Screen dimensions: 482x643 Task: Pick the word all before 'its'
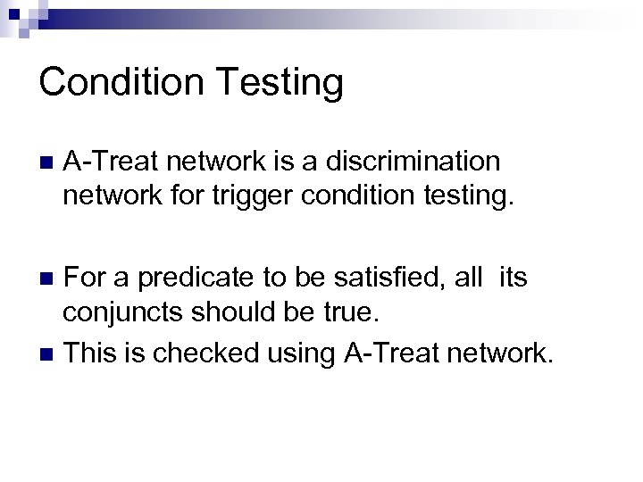468,279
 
